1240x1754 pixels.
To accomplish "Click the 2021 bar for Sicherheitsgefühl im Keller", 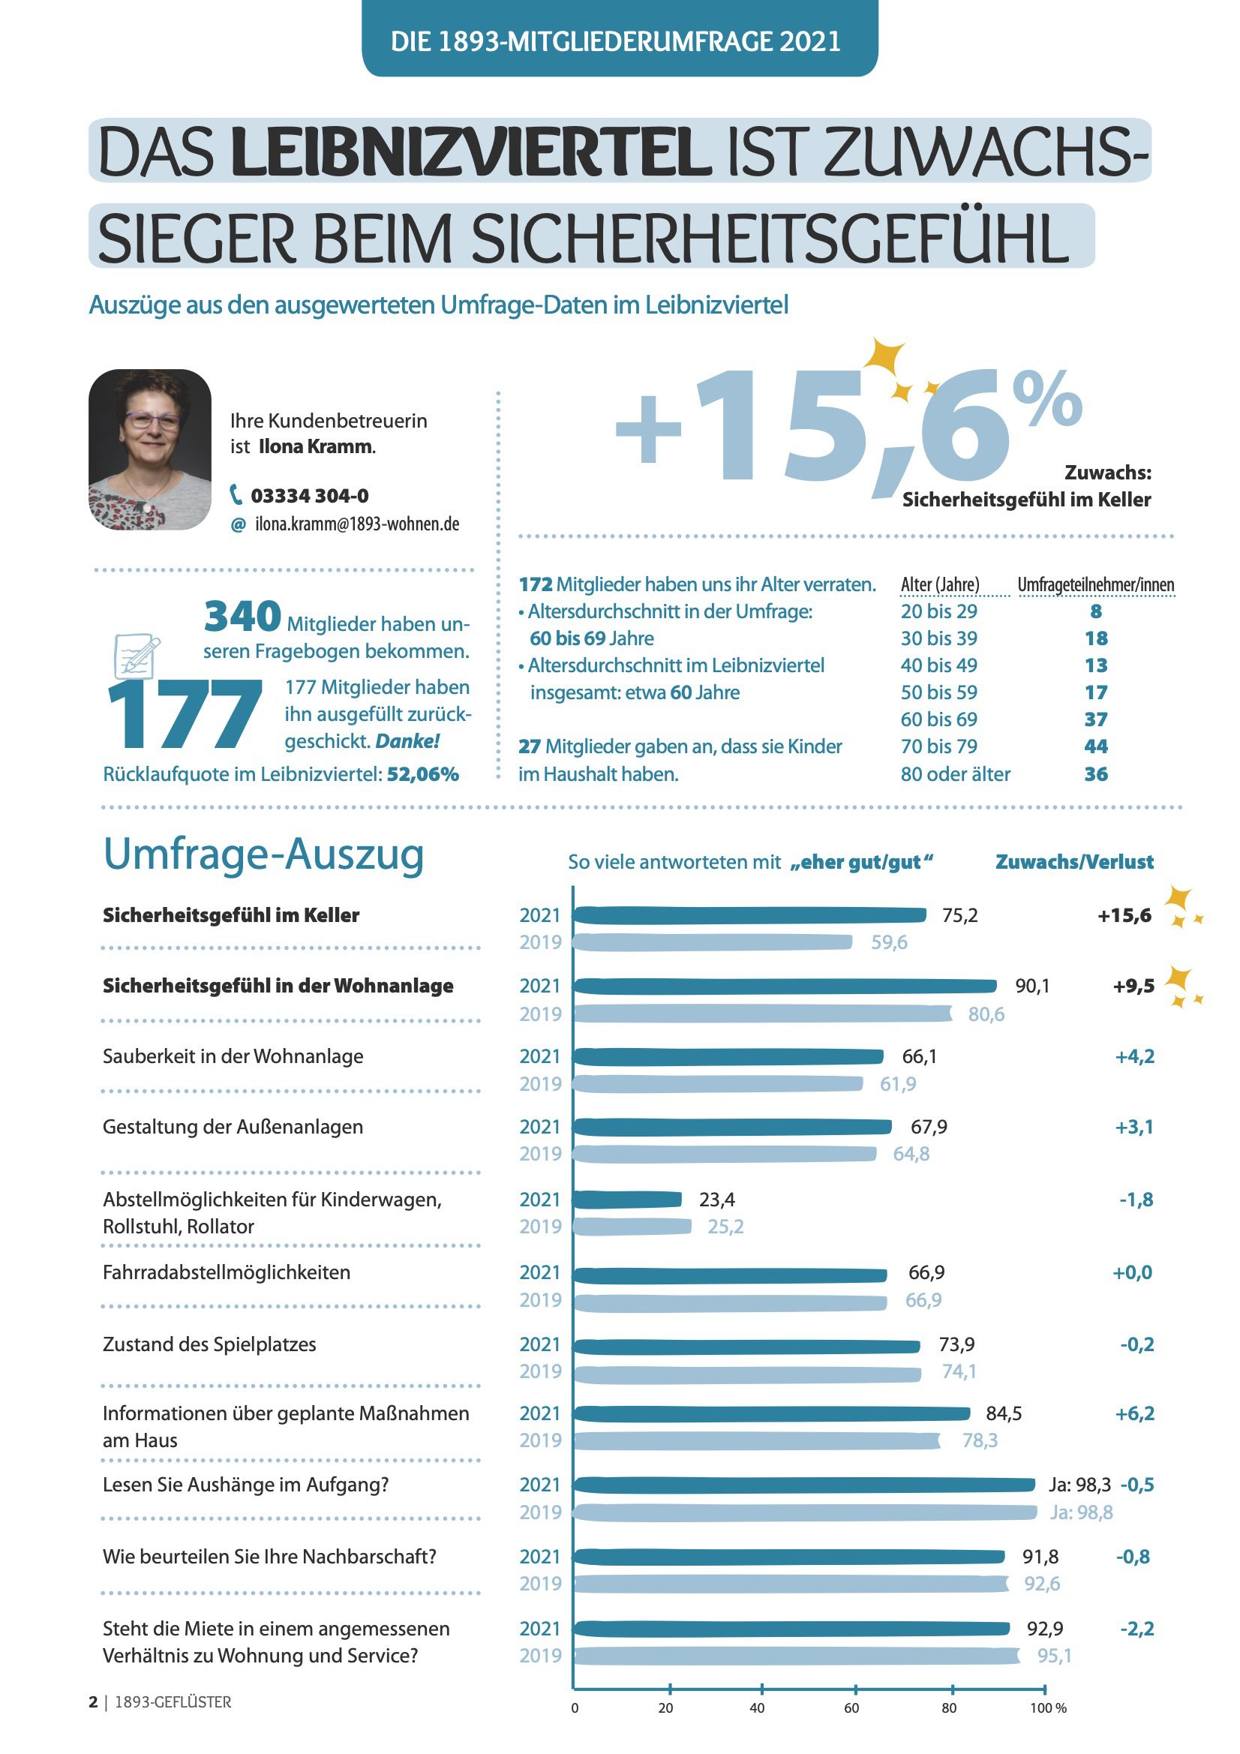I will (x=749, y=915).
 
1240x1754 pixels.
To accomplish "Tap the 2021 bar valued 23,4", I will (x=626, y=1200).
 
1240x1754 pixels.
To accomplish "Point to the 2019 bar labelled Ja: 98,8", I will (x=803, y=1512).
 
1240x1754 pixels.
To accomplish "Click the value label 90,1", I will (x=1032, y=987).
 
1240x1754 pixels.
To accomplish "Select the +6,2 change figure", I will (x=1134, y=1413).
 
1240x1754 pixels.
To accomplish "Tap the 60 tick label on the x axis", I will (x=851, y=1708).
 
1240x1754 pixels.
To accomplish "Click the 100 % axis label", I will (x=1047, y=1708).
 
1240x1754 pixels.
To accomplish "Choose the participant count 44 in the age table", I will (x=1096, y=746).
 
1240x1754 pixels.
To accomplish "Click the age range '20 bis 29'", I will (x=938, y=611).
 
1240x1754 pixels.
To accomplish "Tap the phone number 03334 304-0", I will (x=309, y=496).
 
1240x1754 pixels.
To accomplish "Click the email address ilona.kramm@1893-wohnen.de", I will (x=357, y=524).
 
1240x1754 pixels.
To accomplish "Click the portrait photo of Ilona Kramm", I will (x=150, y=449).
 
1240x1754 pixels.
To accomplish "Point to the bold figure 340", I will (x=242, y=617).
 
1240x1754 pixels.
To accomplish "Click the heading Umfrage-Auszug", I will (x=263, y=854).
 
